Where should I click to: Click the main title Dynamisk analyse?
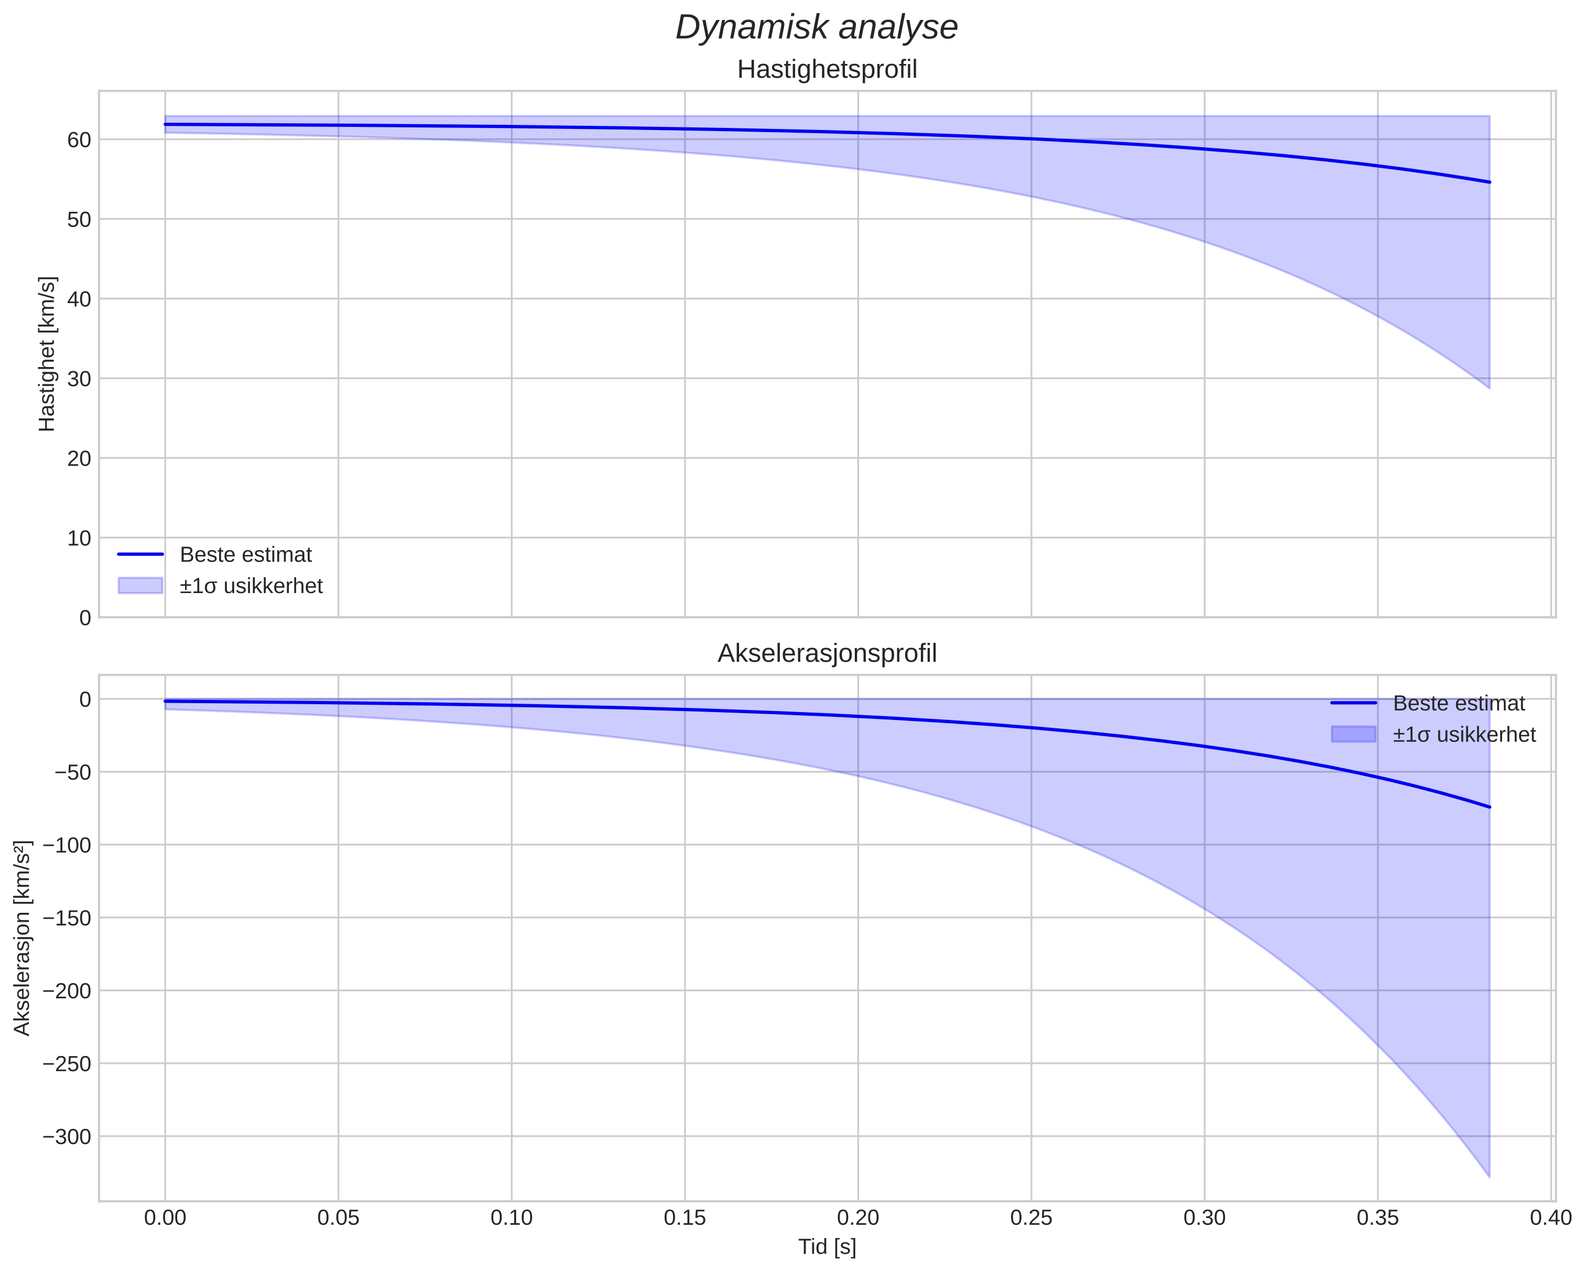pyautogui.click(x=817, y=28)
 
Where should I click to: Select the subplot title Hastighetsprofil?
pyautogui.click(x=827, y=70)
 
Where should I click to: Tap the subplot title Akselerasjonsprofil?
pyautogui.click(x=827, y=653)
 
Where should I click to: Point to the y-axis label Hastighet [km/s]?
pyautogui.click(x=47, y=354)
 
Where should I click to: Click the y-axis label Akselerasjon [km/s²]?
pyautogui.click(x=23, y=938)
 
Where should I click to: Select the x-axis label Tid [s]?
pyautogui.click(x=827, y=1247)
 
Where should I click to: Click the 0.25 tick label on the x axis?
pyautogui.click(x=1030, y=1218)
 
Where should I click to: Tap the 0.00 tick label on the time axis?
pyautogui.click(x=165, y=1218)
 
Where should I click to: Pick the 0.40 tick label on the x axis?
pyautogui.click(x=1550, y=1218)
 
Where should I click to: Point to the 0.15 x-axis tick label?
pyautogui.click(x=685, y=1218)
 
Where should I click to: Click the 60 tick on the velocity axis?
pyautogui.click(x=79, y=140)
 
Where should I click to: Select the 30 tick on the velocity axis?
pyautogui.click(x=79, y=379)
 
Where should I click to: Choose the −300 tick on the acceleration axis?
pyautogui.click(x=67, y=1136)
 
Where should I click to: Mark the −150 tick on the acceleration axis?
pyautogui.click(x=67, y=918)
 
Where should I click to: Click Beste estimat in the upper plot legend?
pyautogui.click(x=245, y=555)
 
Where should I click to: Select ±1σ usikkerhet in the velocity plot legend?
pyautogui.click(x=251, y=586)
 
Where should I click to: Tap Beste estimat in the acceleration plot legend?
pyautogui.click(x=1459, y=703)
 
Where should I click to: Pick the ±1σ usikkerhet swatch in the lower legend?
pyautogui.click(x=1353, y=734)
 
